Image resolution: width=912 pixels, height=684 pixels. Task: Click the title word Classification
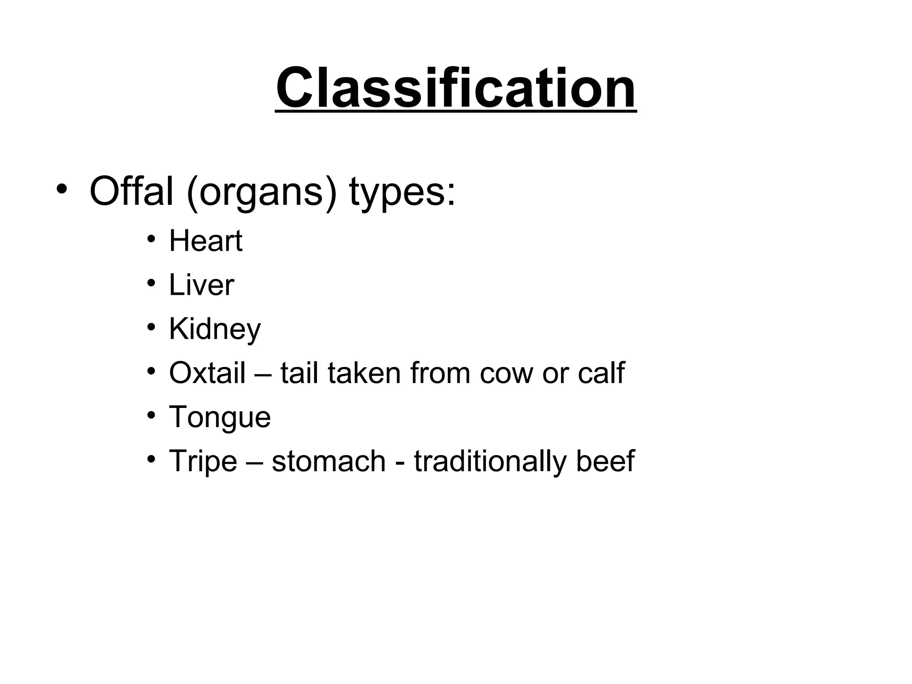(456, 88)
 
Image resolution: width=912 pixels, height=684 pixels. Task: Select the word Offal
(131, 192)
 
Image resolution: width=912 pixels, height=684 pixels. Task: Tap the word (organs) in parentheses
(261, 193)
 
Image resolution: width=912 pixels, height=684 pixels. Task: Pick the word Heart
(206, 241)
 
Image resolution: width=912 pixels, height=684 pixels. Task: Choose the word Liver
(201, 285)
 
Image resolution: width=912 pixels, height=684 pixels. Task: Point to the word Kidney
(215, 330)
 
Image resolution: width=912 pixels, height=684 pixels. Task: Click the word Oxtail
(207, 373)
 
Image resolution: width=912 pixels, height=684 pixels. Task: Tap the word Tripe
(203, 461)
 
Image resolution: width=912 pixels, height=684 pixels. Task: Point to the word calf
(601, 373)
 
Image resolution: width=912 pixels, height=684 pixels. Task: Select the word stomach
(329, 461)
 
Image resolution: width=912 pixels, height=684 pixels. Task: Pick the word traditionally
(490, 461)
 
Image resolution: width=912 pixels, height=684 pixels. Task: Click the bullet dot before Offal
(62, 189)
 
